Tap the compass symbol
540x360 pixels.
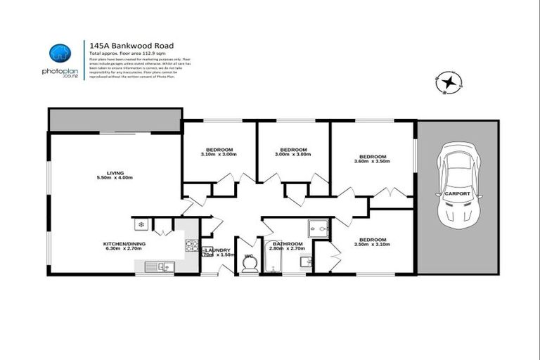(447, 83)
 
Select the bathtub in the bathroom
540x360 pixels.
(273, 259)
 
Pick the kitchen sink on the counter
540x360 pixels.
(157, 266)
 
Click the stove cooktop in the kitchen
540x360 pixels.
(191, 245)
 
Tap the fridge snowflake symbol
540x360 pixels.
(141, 225)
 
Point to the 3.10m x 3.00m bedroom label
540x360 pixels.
(218, 152)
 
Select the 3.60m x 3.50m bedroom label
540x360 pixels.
(373, 159)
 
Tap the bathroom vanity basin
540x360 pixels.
(304, 262)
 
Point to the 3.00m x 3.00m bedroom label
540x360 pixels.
(293, 152)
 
